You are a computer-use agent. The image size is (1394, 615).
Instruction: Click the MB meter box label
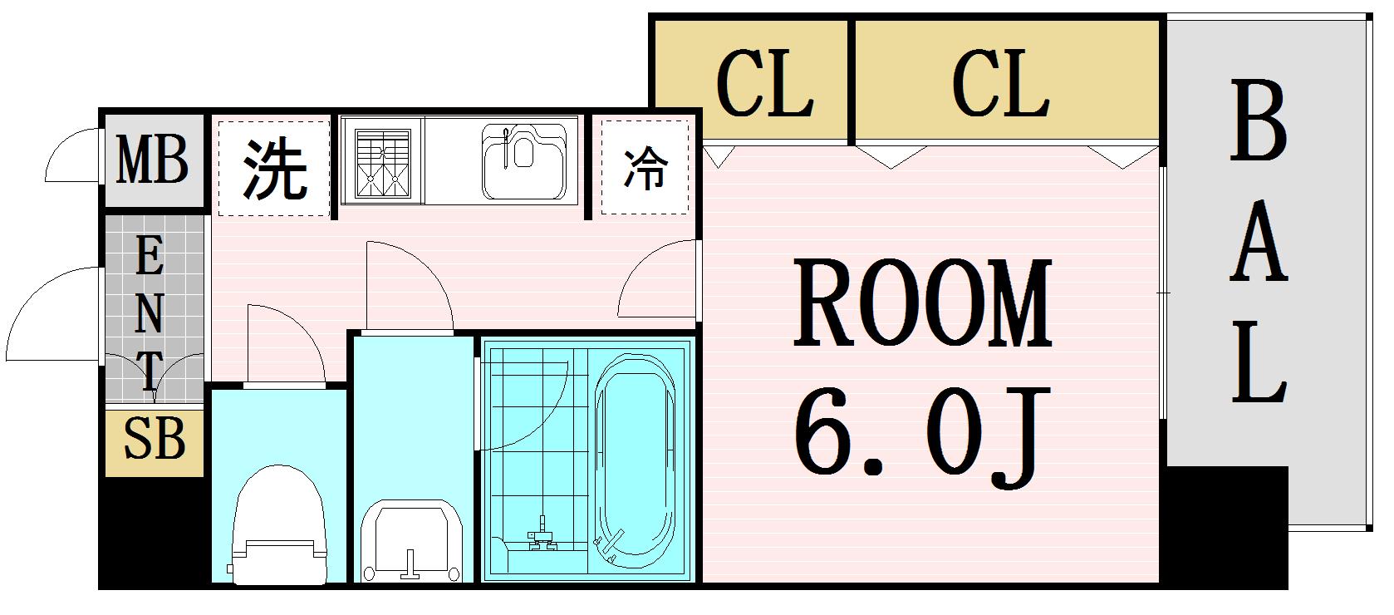click(x=152, y=161)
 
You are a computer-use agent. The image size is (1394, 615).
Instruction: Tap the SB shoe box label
click(x=154, y=439)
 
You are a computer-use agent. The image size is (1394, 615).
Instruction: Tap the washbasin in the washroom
click(x=411, y=540)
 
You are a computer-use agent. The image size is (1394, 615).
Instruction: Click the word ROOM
click(x=922, y=303)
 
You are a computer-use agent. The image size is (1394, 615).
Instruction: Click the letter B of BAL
click(x=1259, y=122)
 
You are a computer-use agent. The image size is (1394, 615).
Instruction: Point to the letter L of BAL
click(x=1259, y=363)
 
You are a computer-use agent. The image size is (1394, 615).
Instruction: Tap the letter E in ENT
click(x=149, y=258)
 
